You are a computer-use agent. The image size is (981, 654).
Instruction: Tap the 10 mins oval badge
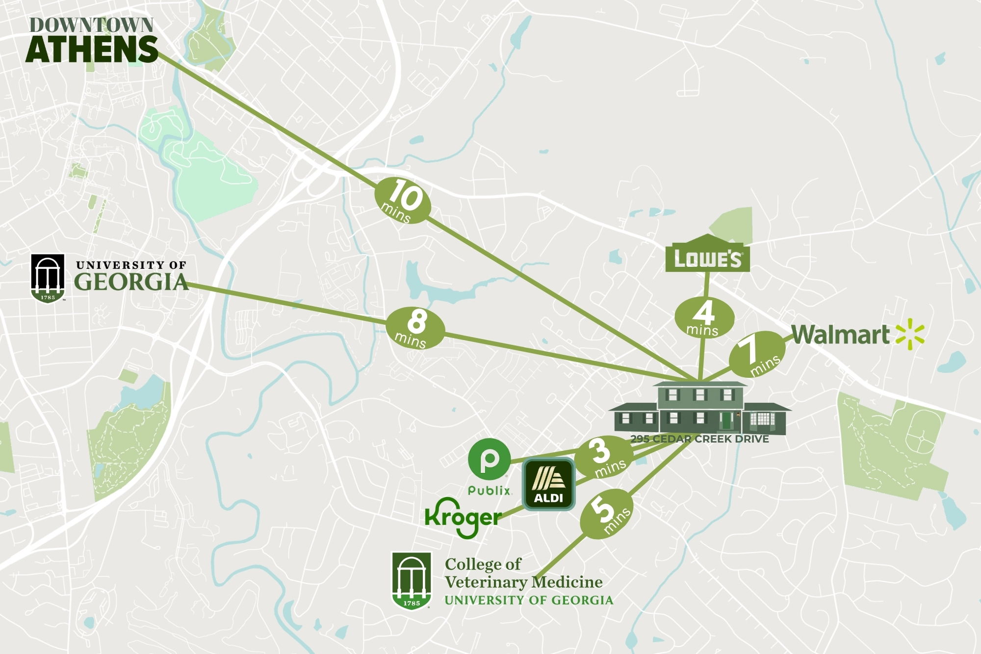403,200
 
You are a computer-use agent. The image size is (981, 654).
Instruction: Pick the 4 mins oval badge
704,318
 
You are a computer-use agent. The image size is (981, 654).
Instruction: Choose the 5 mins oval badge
606,516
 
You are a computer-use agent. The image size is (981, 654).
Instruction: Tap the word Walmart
840,335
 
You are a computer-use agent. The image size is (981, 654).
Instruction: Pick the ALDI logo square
548,484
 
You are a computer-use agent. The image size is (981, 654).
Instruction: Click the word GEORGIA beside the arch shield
131,282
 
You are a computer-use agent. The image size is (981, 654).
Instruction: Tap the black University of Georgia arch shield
48,278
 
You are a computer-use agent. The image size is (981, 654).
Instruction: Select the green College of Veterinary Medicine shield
411,580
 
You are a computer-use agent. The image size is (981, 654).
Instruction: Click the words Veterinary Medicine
523,582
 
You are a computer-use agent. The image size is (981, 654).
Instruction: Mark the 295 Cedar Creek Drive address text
699,439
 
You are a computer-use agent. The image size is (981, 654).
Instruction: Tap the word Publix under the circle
490,490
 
